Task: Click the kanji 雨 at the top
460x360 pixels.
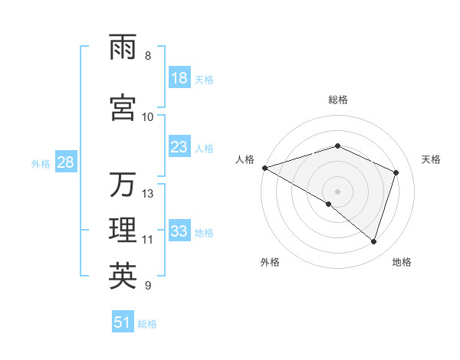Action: [123, 47]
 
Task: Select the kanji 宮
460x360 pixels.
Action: [123, 108]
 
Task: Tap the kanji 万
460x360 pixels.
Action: [123, 185]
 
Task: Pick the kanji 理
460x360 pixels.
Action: [123, 231]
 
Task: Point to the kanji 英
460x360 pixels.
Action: [123, 277]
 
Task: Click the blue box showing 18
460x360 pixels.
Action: [179, 78]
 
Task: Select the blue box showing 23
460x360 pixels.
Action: [179, 147]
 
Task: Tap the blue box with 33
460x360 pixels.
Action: [179, 231]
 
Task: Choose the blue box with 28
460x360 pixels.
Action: [64, 162]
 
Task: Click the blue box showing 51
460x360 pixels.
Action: [123, 322]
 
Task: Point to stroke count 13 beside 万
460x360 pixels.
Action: [148, 194]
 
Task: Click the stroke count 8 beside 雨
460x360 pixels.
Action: [148, 56]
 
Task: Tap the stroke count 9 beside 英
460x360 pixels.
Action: [148, 286]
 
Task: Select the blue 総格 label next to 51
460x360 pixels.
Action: [147, 324]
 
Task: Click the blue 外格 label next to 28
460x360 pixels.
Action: [41, 163]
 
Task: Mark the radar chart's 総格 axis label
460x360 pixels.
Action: [338, 100]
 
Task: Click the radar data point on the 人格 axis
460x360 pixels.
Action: [264, 167]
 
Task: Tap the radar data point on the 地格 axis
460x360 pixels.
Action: [373, 241]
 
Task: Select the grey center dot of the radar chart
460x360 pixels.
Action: [337, 191]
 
